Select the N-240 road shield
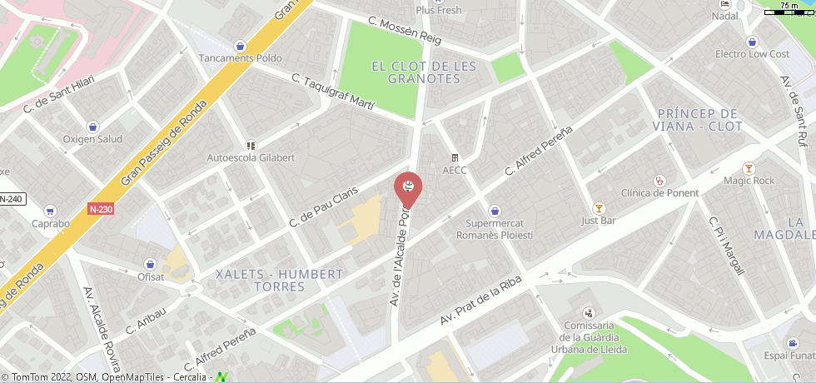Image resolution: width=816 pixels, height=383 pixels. (x=11, y=199)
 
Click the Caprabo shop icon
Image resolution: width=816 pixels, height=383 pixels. (x=50, y=211)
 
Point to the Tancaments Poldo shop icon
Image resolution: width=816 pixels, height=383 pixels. (x=241, y=46)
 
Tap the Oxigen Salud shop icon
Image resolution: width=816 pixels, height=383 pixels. (x=92, y=127)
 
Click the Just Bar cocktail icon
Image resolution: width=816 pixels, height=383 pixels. (x=598, y=208)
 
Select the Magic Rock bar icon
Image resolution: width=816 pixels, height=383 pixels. (x=749, y=168)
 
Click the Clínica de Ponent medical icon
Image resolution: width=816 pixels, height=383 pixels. (x=661, y=180)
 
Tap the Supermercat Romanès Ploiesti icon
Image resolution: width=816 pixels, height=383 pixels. (x=495, y=211)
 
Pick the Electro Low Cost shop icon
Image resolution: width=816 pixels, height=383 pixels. (x=753, y=42)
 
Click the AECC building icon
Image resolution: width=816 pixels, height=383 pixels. (x=455, y=158)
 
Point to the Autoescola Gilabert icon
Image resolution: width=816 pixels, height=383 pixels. (x=251, y=145)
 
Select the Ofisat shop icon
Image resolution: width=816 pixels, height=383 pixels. (x=151, y=264)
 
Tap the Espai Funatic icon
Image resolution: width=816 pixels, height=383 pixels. (x=791, y=343)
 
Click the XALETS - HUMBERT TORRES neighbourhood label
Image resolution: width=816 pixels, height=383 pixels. (x=279, y=281)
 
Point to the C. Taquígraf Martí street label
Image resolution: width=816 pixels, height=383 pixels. (x=333, y=92)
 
